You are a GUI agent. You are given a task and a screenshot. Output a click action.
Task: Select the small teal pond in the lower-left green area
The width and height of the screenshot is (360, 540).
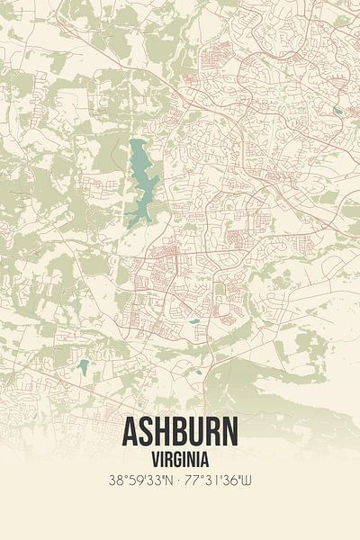(84, 365)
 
